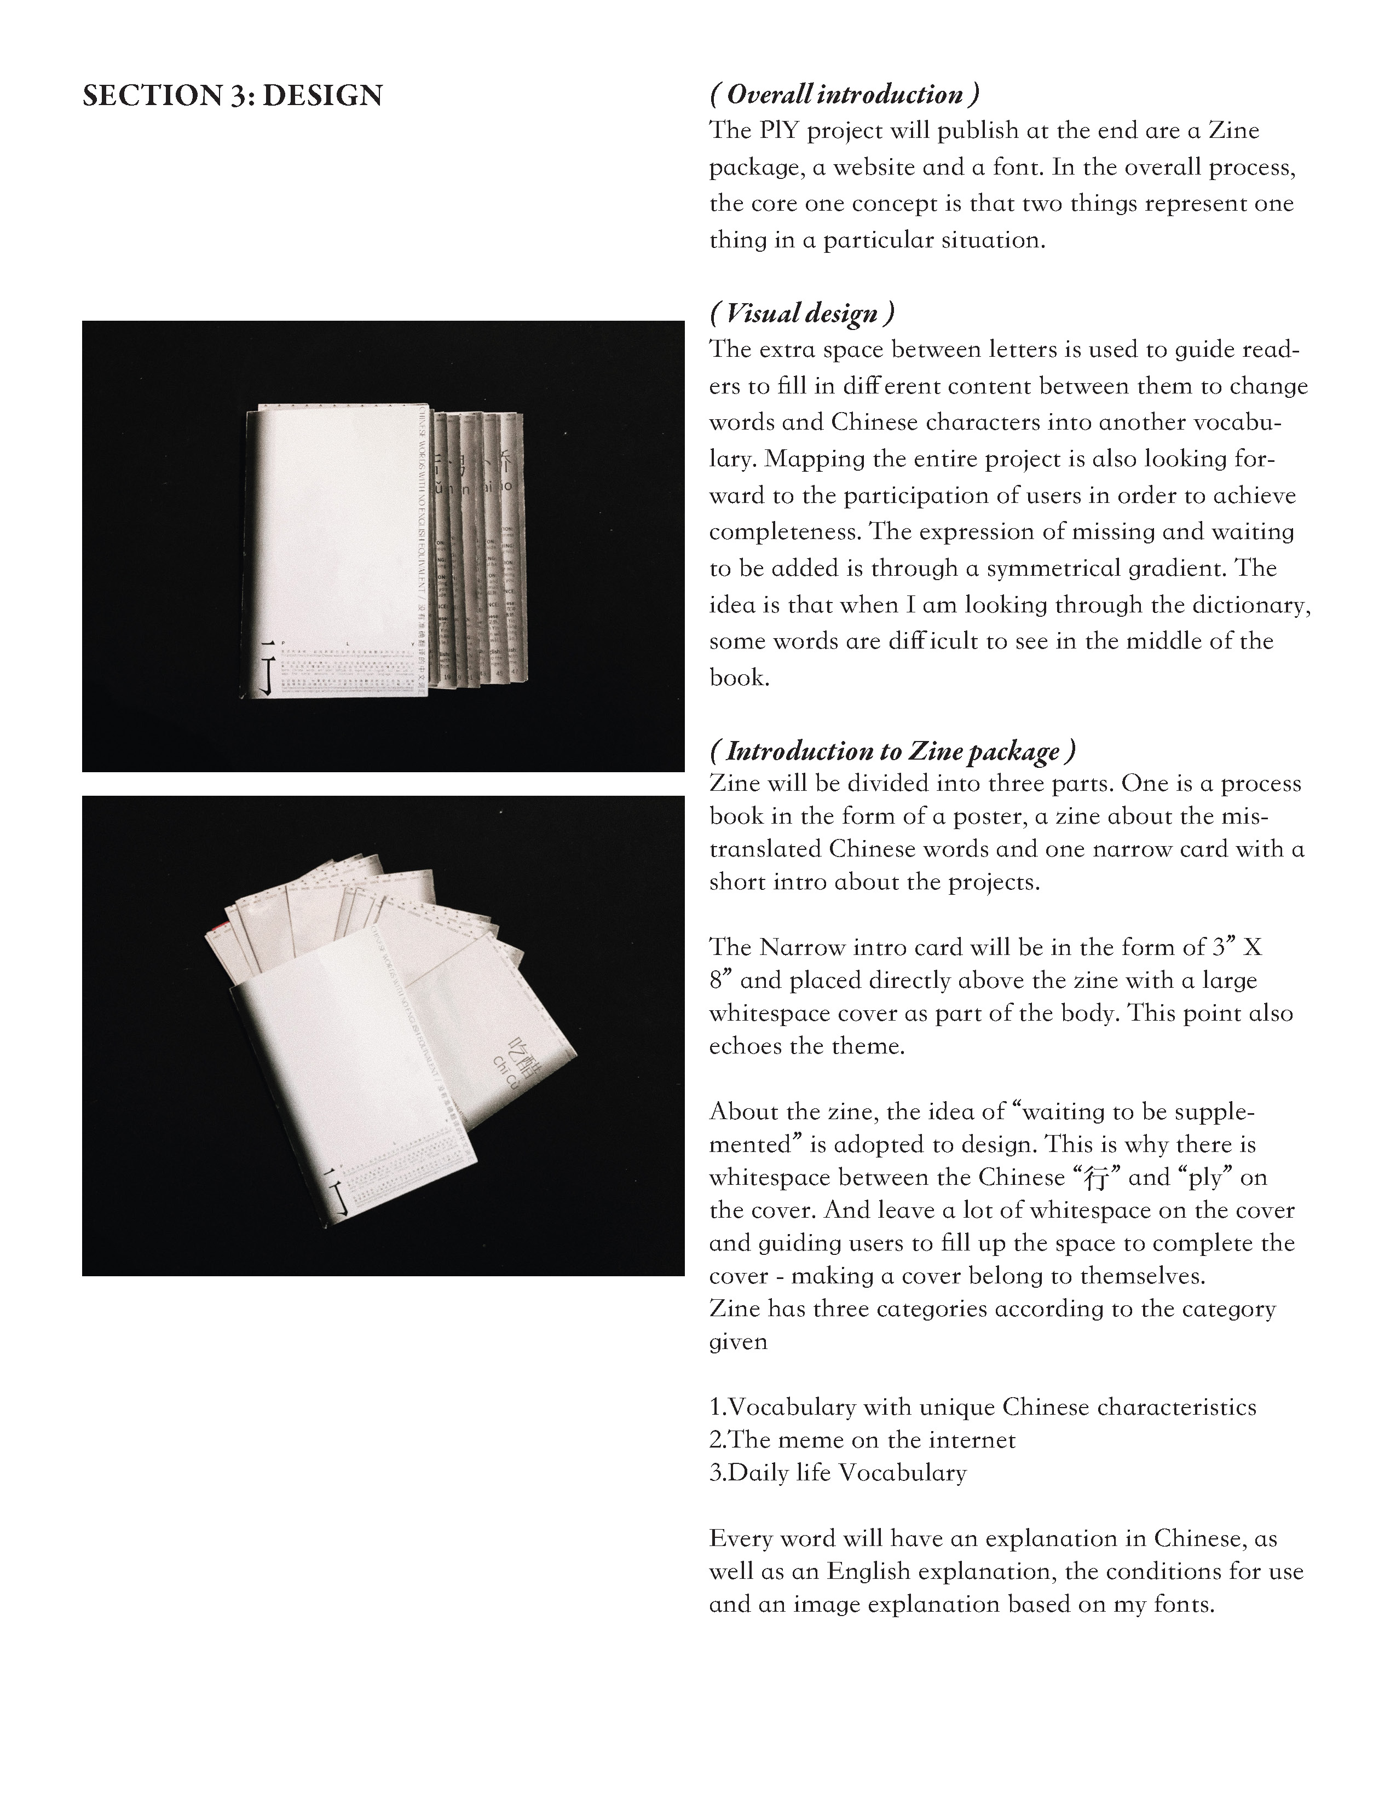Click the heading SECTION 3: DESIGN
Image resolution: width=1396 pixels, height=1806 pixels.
(232, 96)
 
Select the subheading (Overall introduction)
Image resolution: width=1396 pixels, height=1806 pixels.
(844, 94)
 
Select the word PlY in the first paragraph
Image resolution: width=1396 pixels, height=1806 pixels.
(780, 131)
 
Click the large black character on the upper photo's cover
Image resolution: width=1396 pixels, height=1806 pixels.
(266, 665)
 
